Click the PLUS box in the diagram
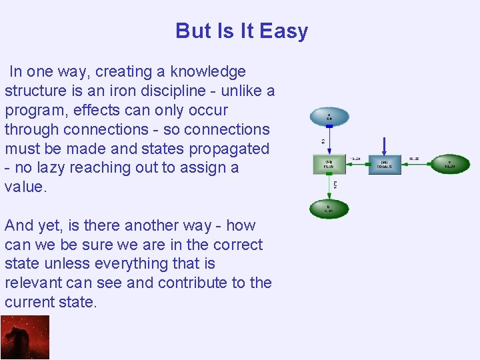tap(329, 164)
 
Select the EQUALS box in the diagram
tap(385, 164)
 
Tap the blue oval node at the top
tap(329, 117)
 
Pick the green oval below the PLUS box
tap(329, 209)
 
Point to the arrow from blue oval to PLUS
tap(329, 140)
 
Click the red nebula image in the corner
tap(25, 337)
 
